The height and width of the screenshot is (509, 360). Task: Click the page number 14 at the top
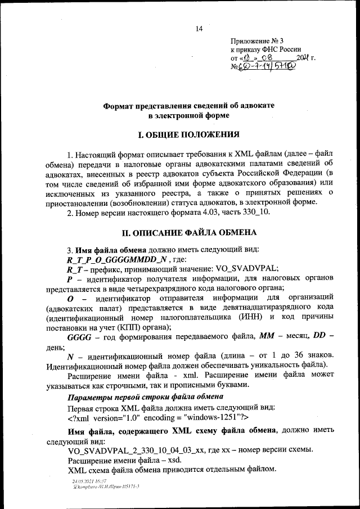pos(199,29)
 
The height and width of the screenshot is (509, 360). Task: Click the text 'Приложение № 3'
pos(258,40)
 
